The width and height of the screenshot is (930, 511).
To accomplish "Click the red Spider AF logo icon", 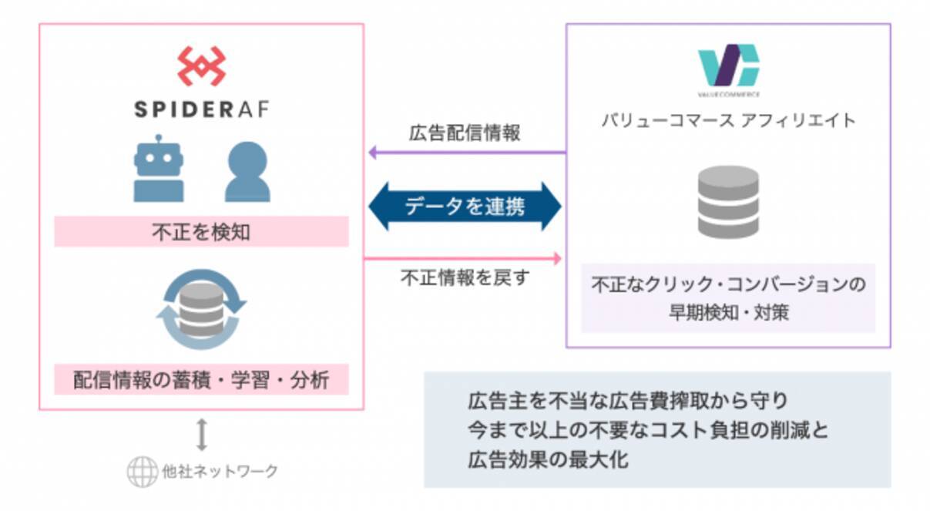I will click(x=201, y=66).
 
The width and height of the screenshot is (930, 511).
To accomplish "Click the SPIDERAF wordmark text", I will click(x=201, y=109).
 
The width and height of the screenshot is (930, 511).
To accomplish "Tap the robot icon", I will click(x=159, y=169).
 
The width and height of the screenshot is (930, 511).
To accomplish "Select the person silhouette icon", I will click(x=247, y=172).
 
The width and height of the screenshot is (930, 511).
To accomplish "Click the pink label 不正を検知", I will click(x=201, y=232).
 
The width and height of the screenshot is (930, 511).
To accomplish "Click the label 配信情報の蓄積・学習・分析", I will click(x=201, y=381).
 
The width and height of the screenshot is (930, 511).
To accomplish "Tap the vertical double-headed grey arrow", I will click(x=202, y=434).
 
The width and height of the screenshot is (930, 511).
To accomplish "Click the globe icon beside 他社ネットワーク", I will click(x=141, y=472).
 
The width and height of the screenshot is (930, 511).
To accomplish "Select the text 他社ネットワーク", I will click(x=219, y=472).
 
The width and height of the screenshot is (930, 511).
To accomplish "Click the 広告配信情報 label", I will click(x=465, y=133).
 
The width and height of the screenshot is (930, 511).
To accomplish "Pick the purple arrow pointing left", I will click(x=466, y=153).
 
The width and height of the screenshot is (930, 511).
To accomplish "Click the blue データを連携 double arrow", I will click(x=465, y=207).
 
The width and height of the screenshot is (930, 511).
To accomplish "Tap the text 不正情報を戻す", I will click(x=465, y=278).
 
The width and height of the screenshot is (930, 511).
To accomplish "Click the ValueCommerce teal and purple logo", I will click(x=728, y=68).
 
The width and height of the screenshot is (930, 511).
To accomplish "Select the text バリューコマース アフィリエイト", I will click(x=728, y=120).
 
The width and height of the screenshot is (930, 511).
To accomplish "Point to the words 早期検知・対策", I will click(x=728, y=313).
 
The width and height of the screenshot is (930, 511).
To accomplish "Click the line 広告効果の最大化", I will click(x=548, y=461).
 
